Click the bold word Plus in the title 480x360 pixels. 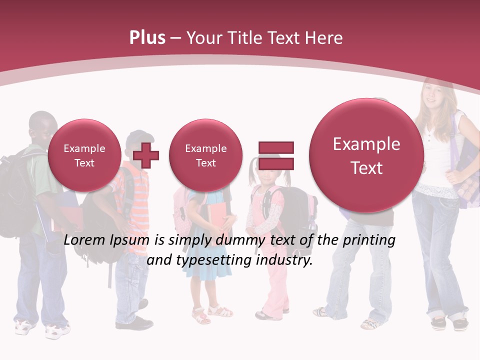coord(147,38)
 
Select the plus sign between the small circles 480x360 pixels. coord(146,155)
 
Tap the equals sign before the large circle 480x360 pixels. coord(276,155)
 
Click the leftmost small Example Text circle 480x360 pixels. coord(84,155)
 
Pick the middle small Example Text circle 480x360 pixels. coord(205,155)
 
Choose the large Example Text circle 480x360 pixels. coord(366,155)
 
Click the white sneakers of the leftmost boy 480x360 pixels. coord(40,328)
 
